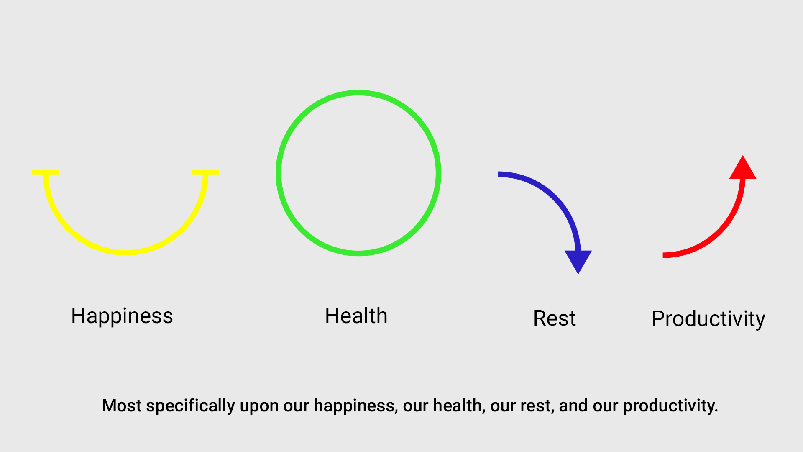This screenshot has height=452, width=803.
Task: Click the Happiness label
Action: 122,316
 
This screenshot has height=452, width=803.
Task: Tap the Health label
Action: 356,316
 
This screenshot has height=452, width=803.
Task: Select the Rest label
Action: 555,318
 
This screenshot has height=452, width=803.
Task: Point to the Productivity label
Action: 708,319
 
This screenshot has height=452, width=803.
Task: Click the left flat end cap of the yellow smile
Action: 46,172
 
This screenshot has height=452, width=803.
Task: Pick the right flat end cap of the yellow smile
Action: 205,172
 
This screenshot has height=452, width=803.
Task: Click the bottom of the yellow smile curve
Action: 125,252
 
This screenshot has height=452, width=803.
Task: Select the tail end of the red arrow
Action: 663,255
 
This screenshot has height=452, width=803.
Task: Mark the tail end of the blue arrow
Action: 499,174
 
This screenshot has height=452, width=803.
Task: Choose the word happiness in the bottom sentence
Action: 356,406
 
